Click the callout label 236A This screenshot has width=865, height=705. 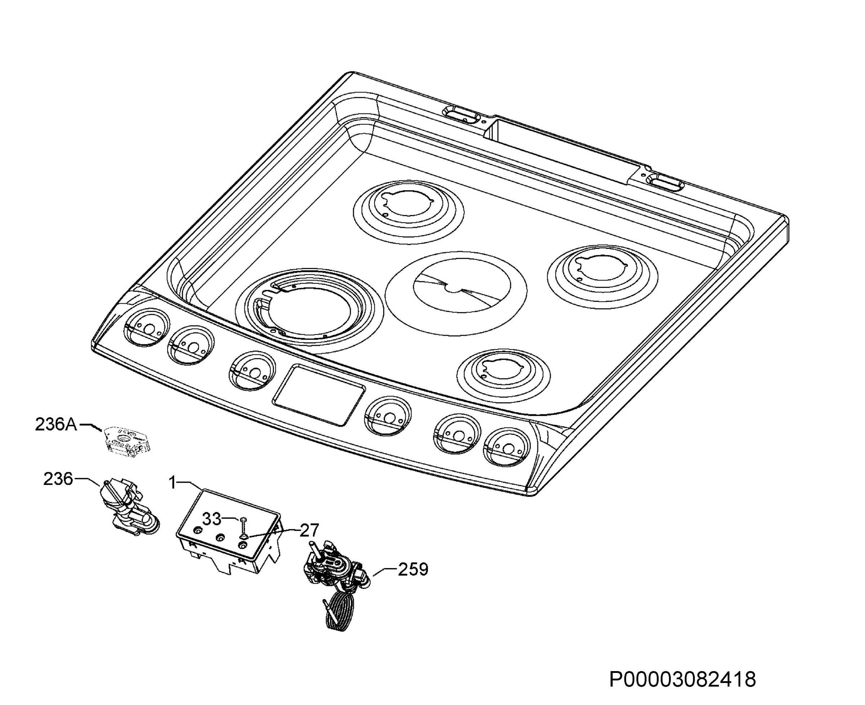[x=56, y=424]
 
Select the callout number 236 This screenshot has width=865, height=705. [x=58, y=479]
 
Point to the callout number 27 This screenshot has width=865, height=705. [x=309, y=530]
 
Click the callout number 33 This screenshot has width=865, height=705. [x=212, y=519]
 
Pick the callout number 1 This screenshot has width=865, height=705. [x=173, y=483]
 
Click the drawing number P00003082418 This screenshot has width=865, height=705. [x=683, y=679]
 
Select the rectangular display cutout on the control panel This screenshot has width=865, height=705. [x=319, y=395]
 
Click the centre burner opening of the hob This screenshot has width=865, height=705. [x=456, y=293]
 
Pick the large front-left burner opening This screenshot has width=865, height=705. [x=309, y=310]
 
